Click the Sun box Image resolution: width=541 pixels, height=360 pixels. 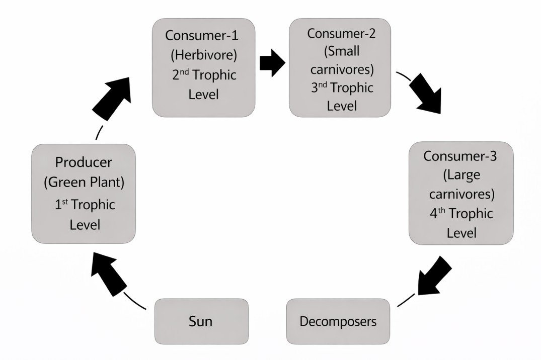[x=201, y=321]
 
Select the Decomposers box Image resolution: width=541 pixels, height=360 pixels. [x=338, y=321]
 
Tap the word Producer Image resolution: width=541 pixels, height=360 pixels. [x=84, y=162]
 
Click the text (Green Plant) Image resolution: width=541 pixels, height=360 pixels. [x=84, y=182]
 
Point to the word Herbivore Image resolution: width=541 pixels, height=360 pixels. [x=203, y=55]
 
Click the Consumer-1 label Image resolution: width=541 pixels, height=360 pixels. [x=203, y=36]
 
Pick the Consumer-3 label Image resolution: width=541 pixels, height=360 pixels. [x=460, y=155]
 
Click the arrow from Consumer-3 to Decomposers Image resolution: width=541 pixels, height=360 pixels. [x=432, y=277]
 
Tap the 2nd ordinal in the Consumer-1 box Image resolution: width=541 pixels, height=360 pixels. [x=179, y=75]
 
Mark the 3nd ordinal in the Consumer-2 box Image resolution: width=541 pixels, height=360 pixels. [x=318, y=87]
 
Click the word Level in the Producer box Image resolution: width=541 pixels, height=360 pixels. [x=85, y=224]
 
